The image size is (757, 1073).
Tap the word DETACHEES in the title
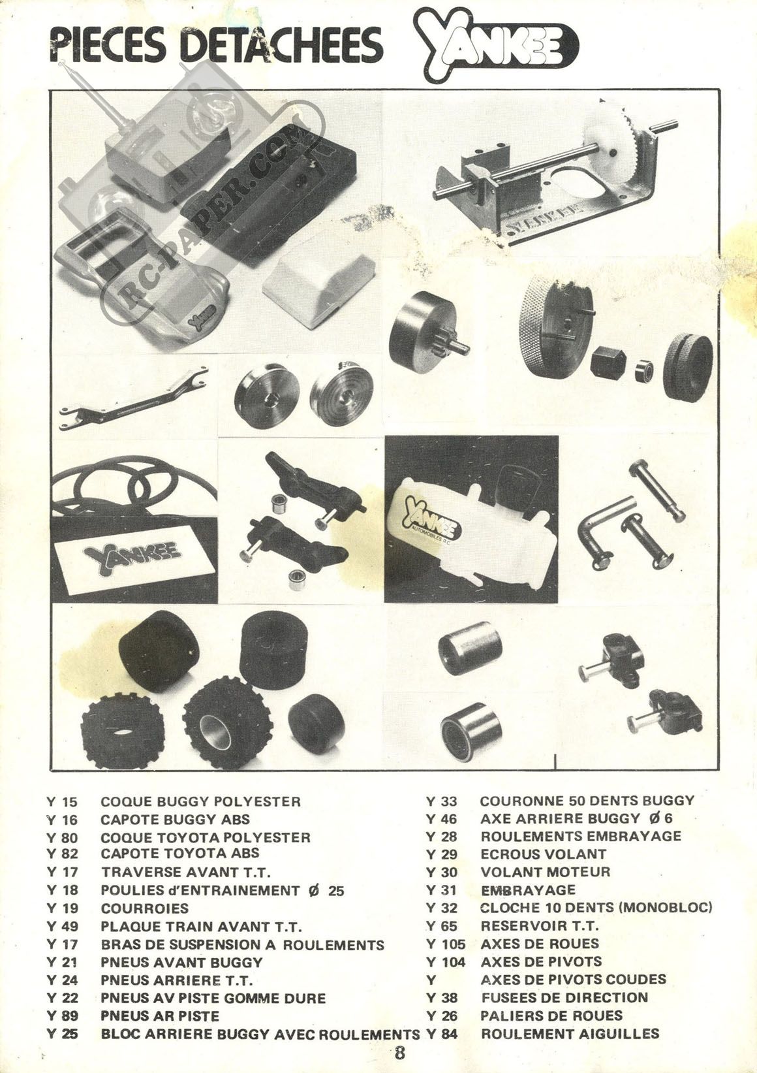click(283, 46)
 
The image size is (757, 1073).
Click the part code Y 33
click(441, 801)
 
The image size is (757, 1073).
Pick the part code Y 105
click(445, 944)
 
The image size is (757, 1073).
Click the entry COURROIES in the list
click(145, 908)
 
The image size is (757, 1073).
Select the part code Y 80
click(62, 838)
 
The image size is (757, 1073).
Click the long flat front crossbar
click(134, 398)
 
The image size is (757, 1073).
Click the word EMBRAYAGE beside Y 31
click(528, 890)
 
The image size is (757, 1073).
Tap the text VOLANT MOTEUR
click(546, 872)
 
